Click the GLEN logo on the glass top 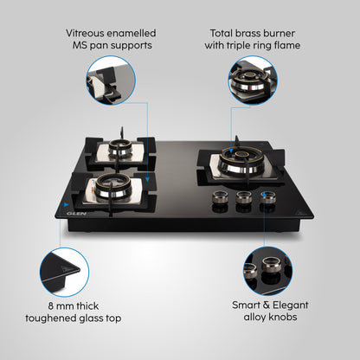click(76, 214)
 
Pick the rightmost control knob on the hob click(267, 197)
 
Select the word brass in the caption click(250, 33)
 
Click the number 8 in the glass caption click(51, 306)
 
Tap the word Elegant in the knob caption click(290, 305)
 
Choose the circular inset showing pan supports click(111, 80)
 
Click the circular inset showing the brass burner click(253, 80)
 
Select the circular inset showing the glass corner click(64, 272)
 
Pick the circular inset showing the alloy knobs click(268, 271)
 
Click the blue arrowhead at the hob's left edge click(67, 204)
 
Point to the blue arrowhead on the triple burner click(231, 151)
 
